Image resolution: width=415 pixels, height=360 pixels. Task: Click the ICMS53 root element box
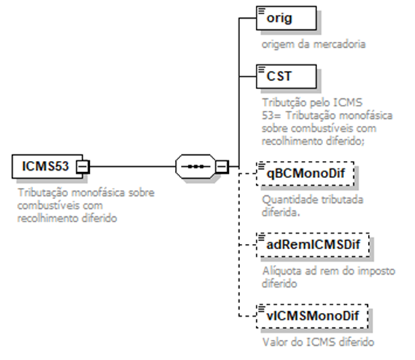pos(47,166)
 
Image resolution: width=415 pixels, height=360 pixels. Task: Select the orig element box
pos(286,18)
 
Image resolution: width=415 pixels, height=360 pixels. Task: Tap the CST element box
pos(286,76)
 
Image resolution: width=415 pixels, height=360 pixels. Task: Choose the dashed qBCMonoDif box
pos(305,174)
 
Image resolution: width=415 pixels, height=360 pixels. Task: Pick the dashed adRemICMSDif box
pos(313,245)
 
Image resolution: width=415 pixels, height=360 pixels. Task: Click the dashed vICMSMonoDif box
pos(313,316)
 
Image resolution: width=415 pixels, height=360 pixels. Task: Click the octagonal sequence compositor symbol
pos(196,166)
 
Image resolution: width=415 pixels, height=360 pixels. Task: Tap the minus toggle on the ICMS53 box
pos(83,167)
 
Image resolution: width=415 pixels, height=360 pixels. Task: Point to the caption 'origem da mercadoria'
pos(313,44)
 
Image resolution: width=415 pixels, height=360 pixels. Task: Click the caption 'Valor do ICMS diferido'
pos(318,342)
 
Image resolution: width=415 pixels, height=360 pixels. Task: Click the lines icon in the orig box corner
pos(262,11)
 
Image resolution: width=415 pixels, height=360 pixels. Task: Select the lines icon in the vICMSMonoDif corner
pos(262,309)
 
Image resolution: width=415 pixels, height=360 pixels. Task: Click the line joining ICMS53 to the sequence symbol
pos(132,167)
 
